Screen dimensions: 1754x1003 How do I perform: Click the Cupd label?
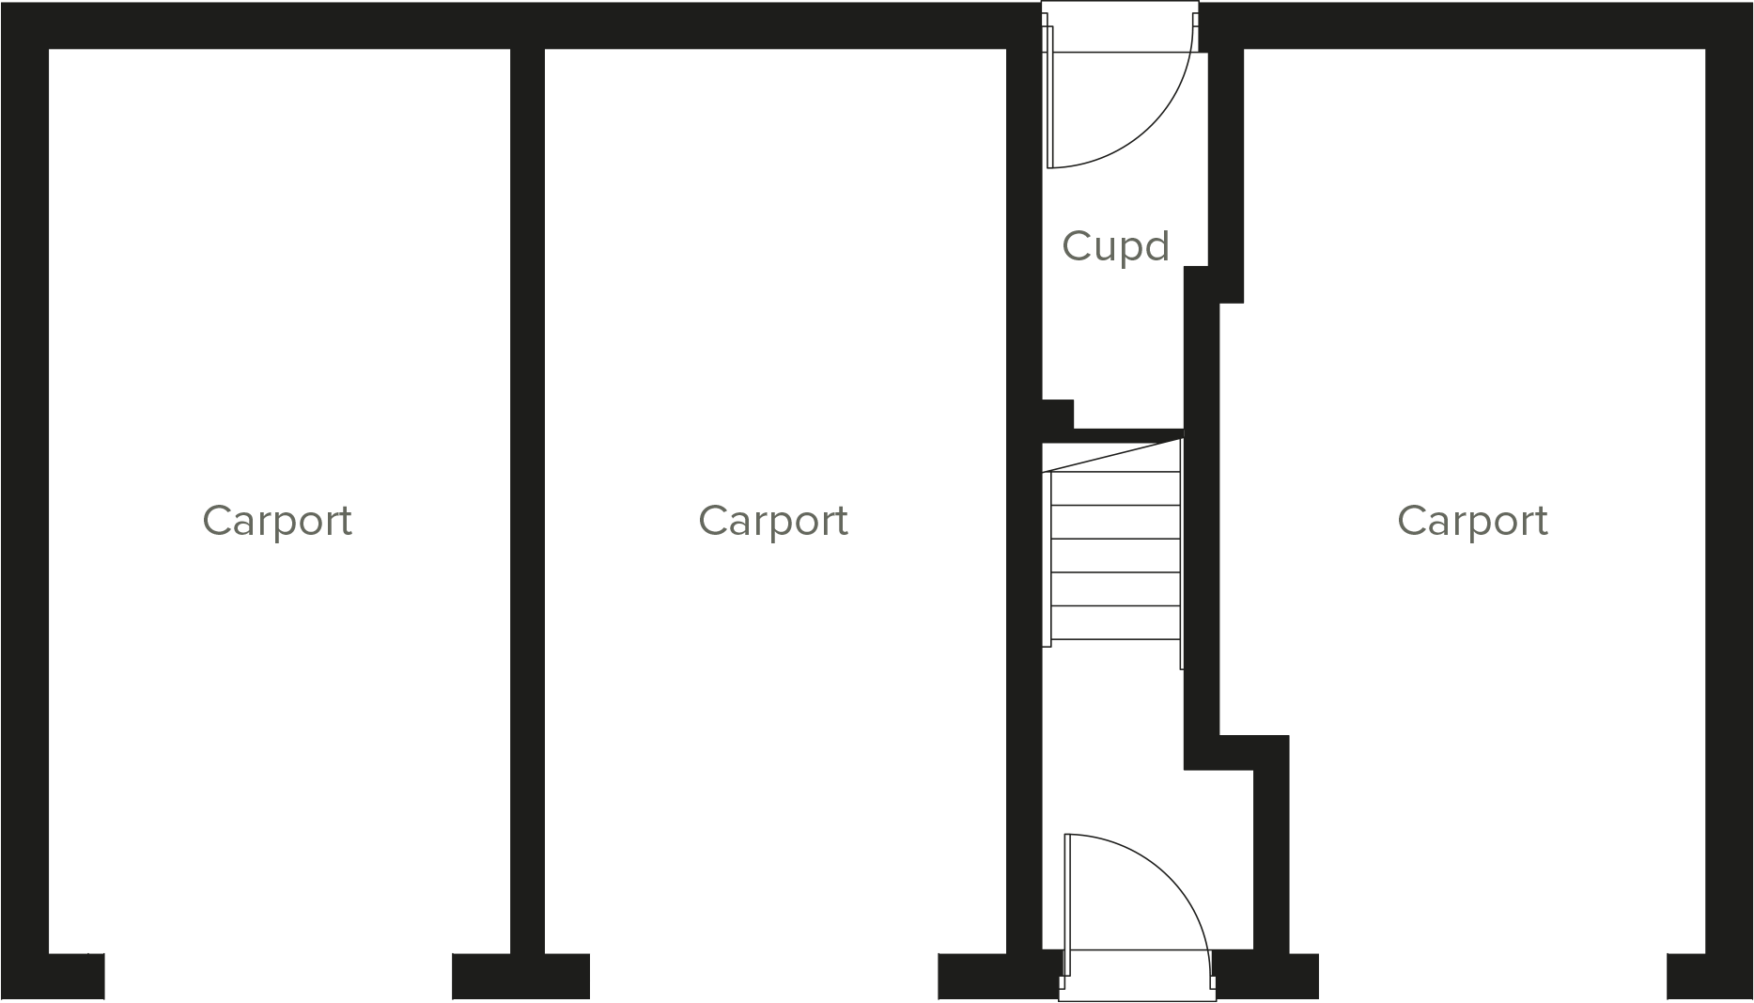pos(1115,246)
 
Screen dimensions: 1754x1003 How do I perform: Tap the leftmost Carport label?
pos(277,521)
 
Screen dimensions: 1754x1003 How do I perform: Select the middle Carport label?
pos(773,521)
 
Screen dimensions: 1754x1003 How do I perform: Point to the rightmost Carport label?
pos(1472,521)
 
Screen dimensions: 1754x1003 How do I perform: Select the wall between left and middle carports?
pos(527,470)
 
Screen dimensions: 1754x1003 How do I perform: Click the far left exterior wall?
pos(24,470)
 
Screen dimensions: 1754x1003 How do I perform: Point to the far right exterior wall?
pos(1729,470)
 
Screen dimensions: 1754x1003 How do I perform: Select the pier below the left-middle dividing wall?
pos(520,976)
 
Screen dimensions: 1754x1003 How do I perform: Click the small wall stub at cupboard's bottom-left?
pos(1058,415)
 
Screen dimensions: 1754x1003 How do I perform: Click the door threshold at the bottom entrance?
pos(1137,987)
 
